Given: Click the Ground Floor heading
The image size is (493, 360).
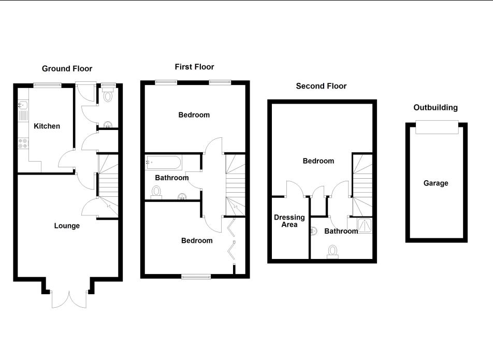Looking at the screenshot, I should point(67,69).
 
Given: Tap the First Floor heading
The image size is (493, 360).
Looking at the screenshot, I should point(194,67).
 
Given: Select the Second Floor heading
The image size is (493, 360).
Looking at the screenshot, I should point(321,86).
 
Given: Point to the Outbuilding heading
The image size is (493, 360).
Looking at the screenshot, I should point(436,108).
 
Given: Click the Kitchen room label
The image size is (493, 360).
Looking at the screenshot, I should point(47,126).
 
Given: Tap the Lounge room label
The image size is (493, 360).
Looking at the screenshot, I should point(67,225).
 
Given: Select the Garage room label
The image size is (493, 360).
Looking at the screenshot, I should point(436,183).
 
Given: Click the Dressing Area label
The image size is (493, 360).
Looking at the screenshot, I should point(289,221).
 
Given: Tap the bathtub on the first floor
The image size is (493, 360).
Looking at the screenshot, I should point(164,163).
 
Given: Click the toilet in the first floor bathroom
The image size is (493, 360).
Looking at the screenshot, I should point(156,193).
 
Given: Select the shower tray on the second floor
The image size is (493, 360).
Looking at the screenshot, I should point(365,225).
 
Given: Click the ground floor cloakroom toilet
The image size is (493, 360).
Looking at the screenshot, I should point(108,95).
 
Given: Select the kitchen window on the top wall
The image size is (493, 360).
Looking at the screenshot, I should point(48,84).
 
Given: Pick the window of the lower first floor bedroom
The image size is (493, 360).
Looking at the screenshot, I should point(196,277).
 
